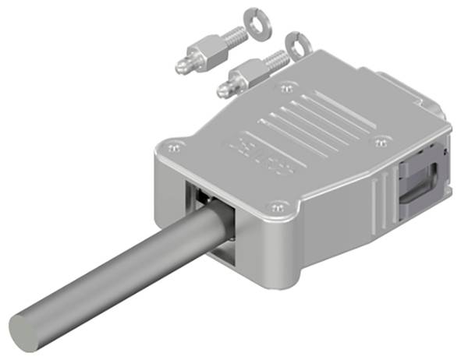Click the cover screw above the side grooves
[x=381, y=141]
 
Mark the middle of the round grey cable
[x=117, y=281]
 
